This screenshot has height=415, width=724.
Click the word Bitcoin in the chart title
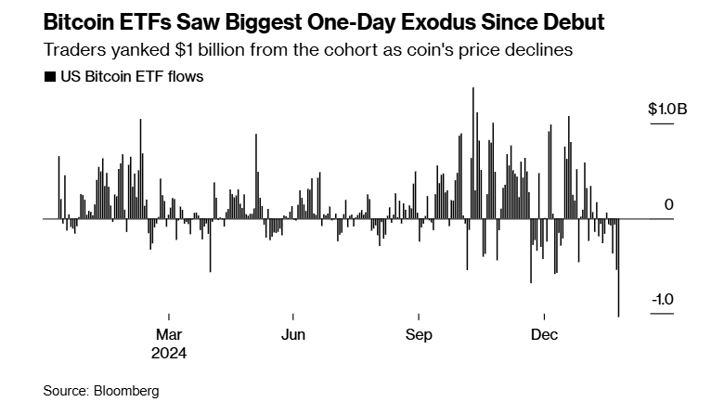pyautogui.click(x=85, y=20)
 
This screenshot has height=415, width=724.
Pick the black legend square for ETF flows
pyautogui.click(x=49, y=77)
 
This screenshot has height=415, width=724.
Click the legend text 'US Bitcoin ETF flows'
pyautogui.click(x=131, y=77)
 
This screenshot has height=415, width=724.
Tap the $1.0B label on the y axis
pyautogui.click(x=667, y=110)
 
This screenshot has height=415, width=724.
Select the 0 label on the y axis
pyautogui.click(x=668, y=204)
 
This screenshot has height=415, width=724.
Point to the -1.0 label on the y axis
pyautogui.click(x=663, y=300)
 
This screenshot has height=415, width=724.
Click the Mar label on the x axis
pyautogui.click(x=168, y=334)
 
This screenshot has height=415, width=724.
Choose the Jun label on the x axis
pyautogui.click(x=292, y=334)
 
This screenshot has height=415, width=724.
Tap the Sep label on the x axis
pyautogui.click(x=419, y=334)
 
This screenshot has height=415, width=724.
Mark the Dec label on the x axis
pyautogui.click(x=544, y=334)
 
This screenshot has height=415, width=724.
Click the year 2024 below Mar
pyautogui.click(x=170, y=353)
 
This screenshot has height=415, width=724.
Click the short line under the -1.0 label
pyautogui.click(x=660, y=315)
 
